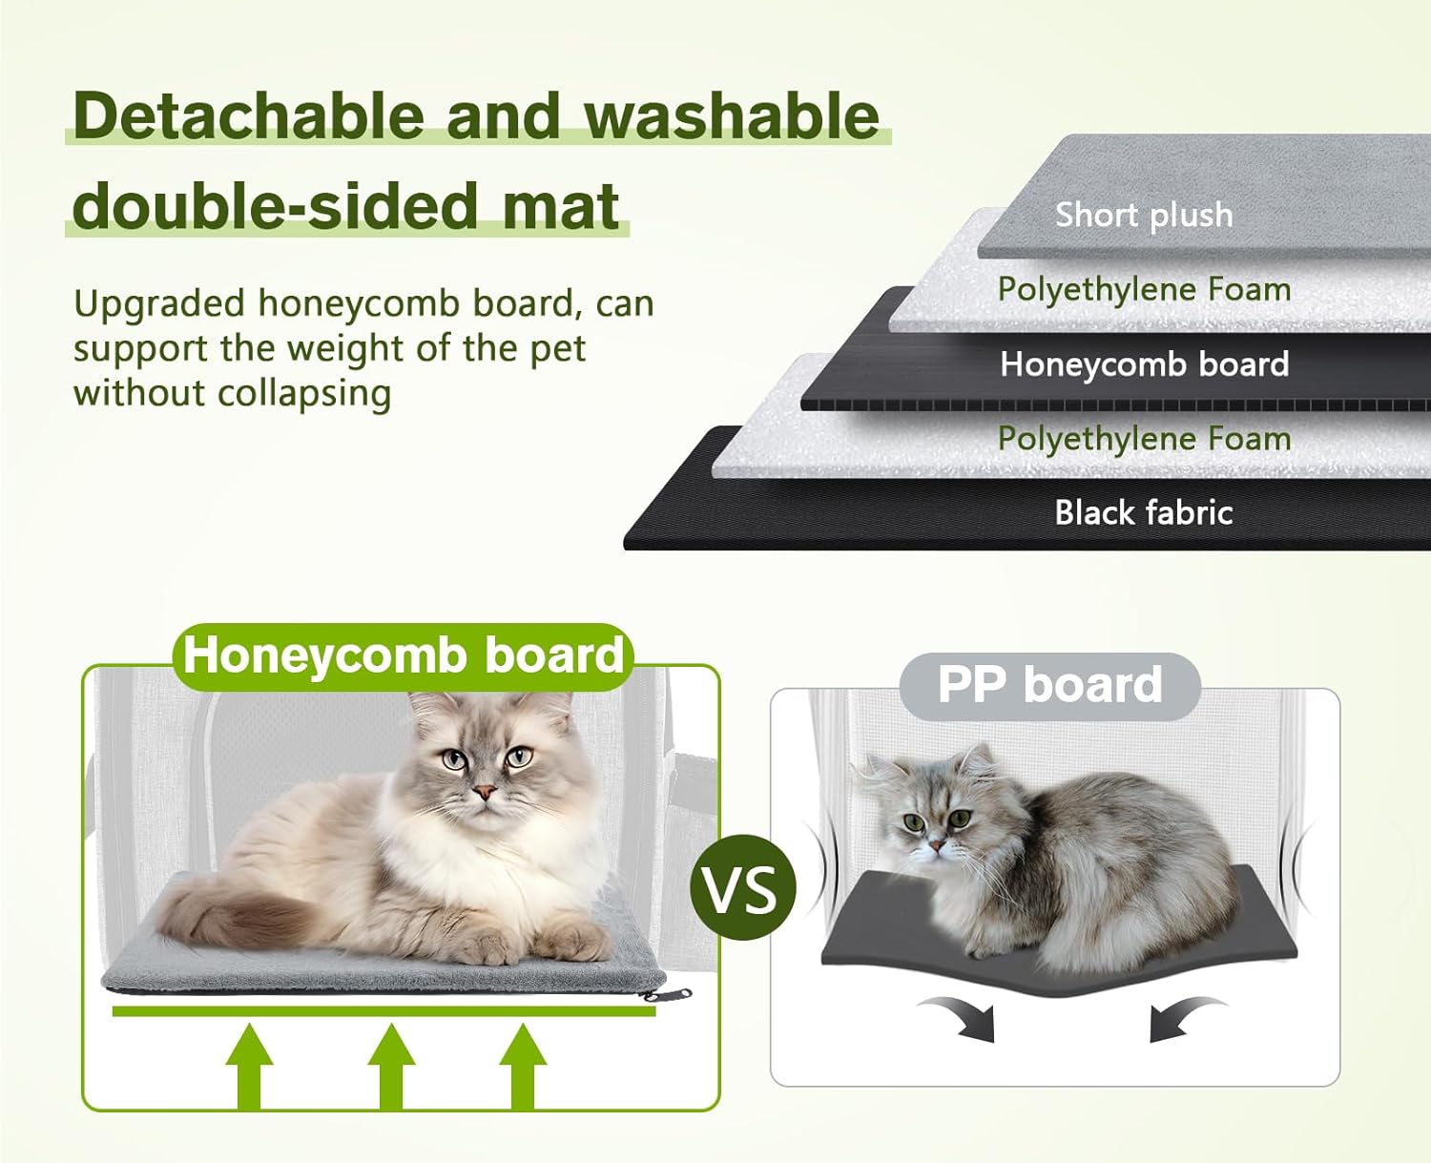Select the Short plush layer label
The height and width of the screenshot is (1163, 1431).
[1144, 215]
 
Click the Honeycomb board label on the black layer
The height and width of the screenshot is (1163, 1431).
[1144, 364]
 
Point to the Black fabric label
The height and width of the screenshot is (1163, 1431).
[1144, 512]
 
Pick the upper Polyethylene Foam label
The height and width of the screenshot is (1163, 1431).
[1144, 290]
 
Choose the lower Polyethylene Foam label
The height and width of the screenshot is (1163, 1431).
[1144, 439]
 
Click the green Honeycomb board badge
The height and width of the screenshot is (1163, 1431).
[404, 656]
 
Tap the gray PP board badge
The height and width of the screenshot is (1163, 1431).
[1049, 685]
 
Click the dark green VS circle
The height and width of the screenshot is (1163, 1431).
[743, 887]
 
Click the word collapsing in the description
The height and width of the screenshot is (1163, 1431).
[303, 394]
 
